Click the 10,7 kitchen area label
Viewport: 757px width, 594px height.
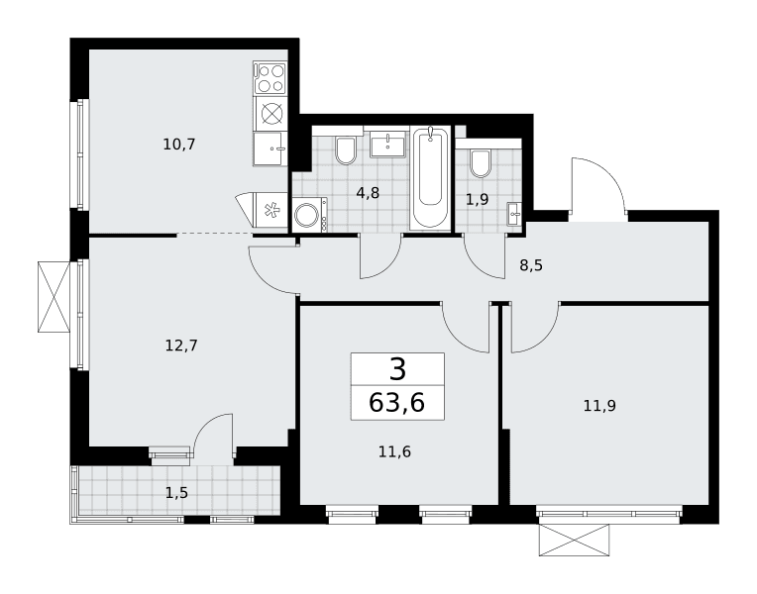(x=178, y=145)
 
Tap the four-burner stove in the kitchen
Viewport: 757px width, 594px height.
(x=270, y=78)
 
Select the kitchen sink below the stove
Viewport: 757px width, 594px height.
(x=270, y=149)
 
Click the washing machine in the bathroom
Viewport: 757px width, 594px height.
(x=310, y=215)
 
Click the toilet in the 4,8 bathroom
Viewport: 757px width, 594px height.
(x=346, y=150)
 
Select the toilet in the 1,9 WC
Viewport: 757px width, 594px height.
(x=480, y=163)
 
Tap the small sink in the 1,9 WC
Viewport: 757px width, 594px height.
(x=513, y=214)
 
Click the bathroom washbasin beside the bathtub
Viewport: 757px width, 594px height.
(x=388, y=145)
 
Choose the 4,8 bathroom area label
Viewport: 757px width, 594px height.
(x=368, y=193)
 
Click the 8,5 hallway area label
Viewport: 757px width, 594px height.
(x=531, y=265)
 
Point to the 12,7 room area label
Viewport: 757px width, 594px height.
(x=181, y=346)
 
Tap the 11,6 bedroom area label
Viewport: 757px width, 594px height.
(x=394, y=452)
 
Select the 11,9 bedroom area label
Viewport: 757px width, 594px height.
(x=599, y=406)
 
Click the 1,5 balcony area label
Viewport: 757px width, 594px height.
(x=176, y=493)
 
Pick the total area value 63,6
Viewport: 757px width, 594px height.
(x=396, y=402)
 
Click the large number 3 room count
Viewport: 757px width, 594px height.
(x=397, y=369)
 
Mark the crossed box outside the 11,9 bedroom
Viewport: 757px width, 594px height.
(x=574, y=540)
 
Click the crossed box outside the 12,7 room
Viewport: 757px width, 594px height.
(x=54, y=297)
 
